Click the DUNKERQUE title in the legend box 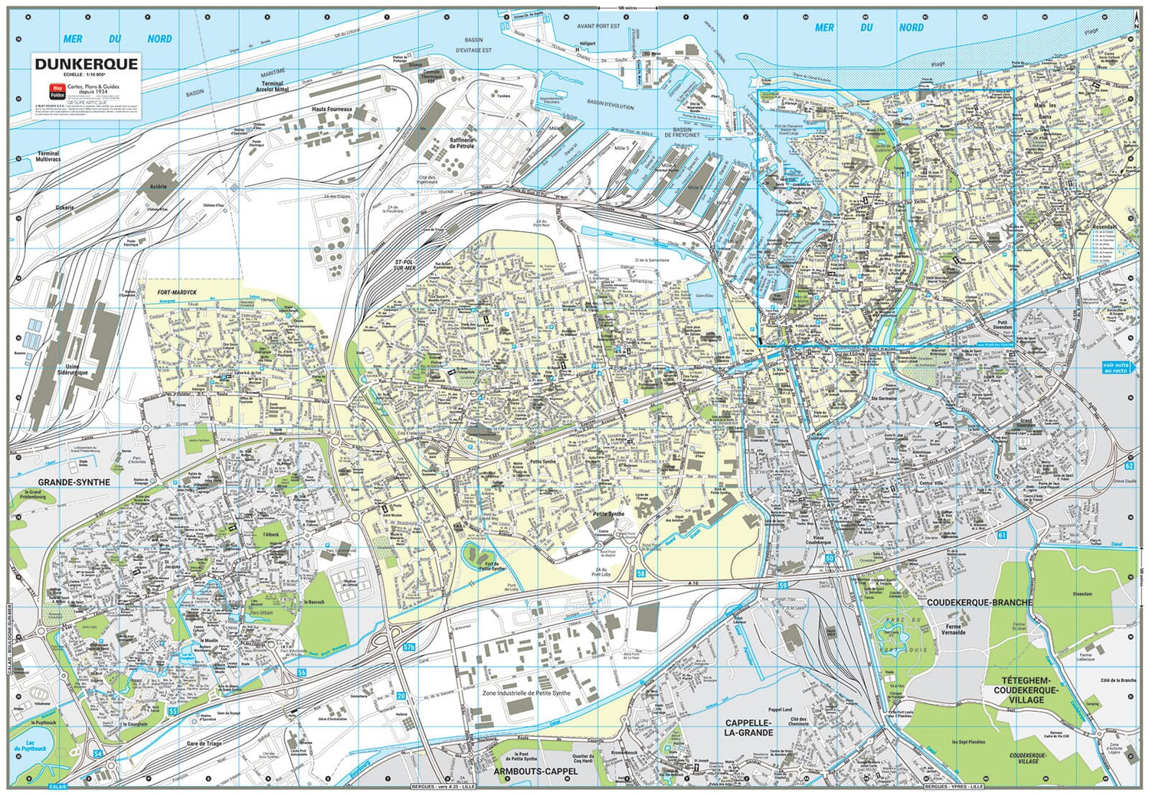pyautogui.click(x=87, y=64)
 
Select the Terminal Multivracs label pyautogui.click(x=47, y=156)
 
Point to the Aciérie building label pyautogui.click(x=158, y=187)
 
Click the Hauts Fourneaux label pyautogui.click(x=331, y=109)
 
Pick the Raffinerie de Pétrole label pyautogui.click(x=462, y=143)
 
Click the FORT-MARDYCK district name pyautogui.click(x=177, y=292)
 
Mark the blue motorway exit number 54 pyautogui.click(x=97, y=754)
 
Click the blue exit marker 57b pyautogui.click(x=409, y=647)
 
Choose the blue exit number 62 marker pyautogui.click(x=1129, y=465)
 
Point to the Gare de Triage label pyautogui.click(x=204, y=743)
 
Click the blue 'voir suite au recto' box pyautogui.click(x=1115, y=367)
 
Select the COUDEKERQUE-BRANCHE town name pyautogui.click(x=980, y=602)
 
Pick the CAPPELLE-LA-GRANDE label pyautogui.click(x=749, y=727)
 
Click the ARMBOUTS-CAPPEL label pyautogui.click(x=535, y=772)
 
